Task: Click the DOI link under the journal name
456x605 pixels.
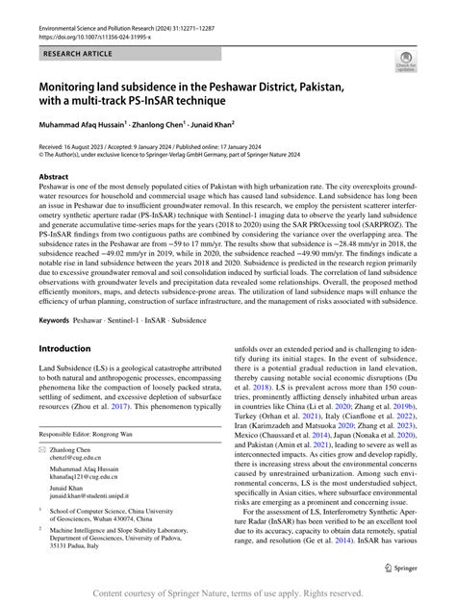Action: pos(91,40)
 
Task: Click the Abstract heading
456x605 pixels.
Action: pos(53,177)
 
